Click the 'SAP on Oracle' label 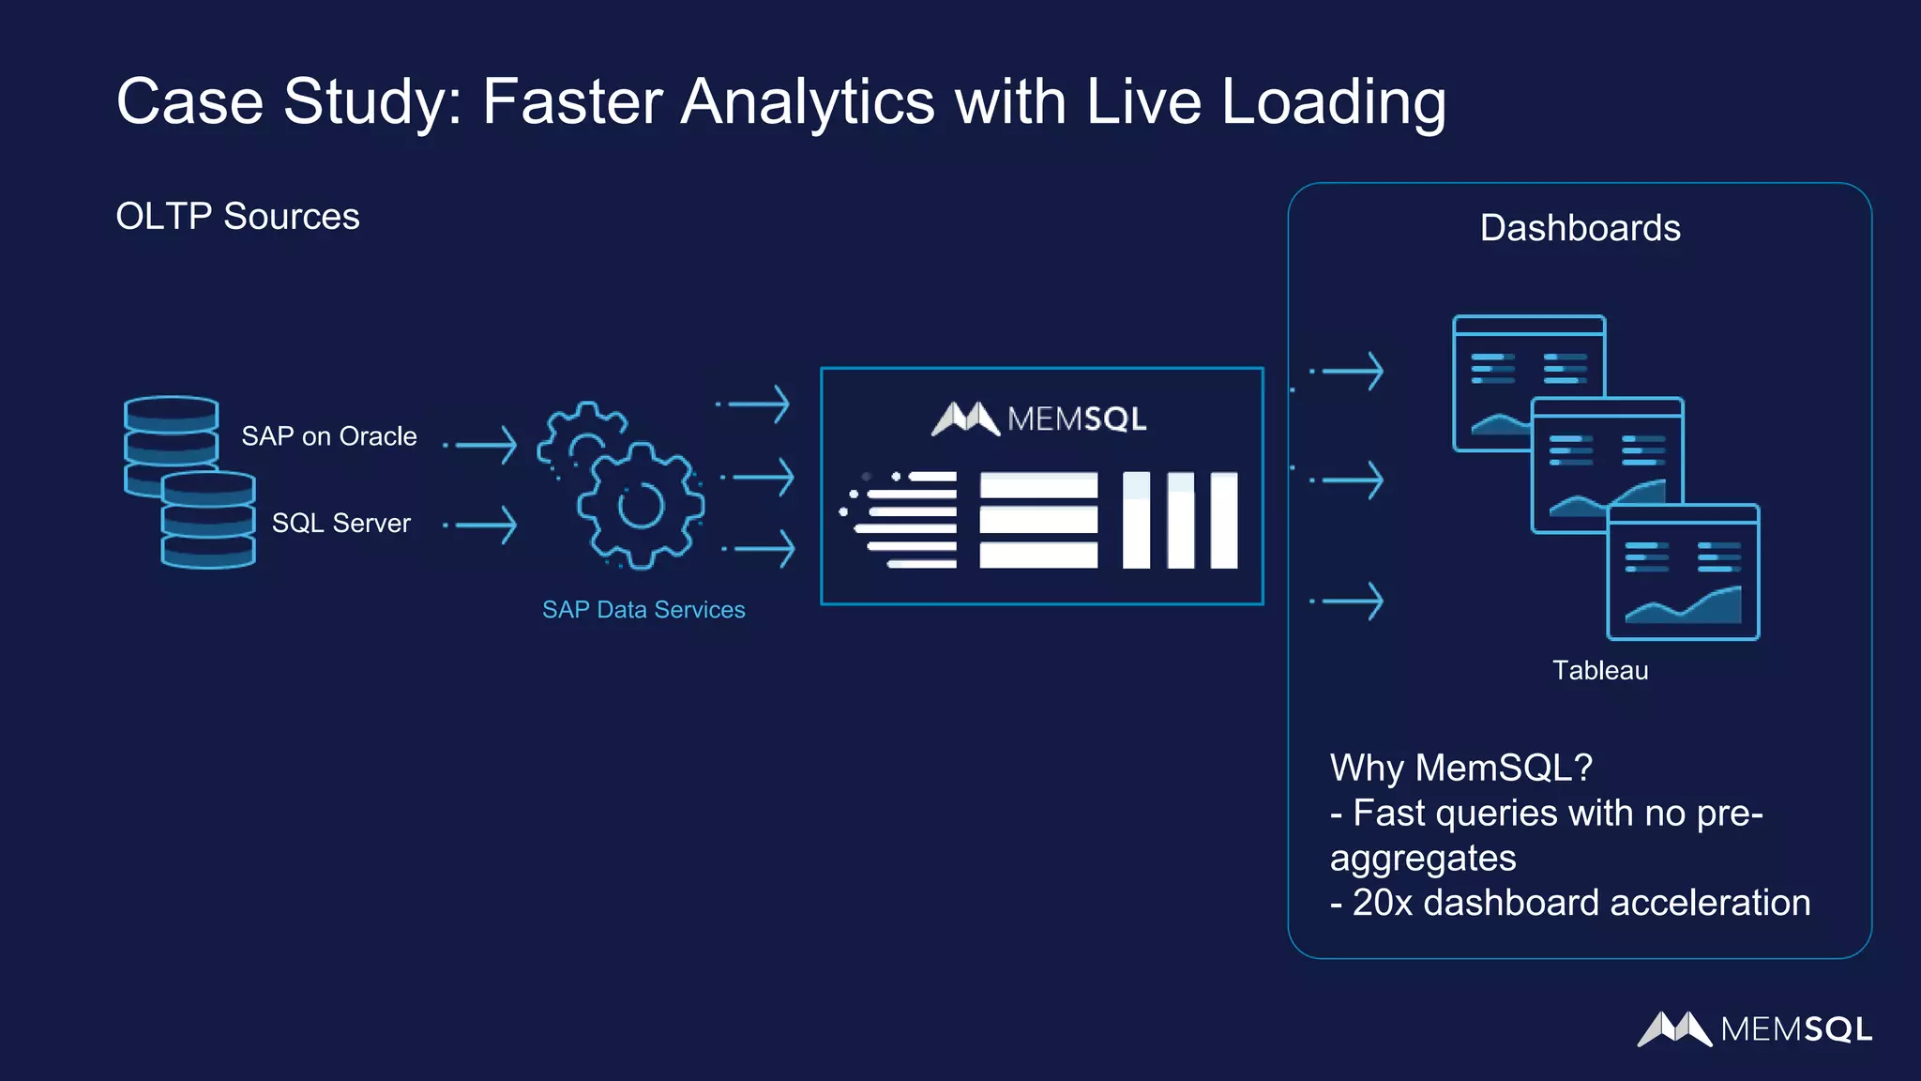[328, 436]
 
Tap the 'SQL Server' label [340, 523]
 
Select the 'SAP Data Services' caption [643, 610]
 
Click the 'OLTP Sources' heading [237, 217]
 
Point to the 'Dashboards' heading [1580, 228]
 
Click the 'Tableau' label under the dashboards [1599, 670]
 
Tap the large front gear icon [641, 507]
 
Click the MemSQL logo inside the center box [1039, 419]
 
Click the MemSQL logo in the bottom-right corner [1754, 1029]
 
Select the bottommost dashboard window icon [1683, 572]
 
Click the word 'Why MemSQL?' [1460, 768]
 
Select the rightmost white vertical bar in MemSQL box [1223, 520]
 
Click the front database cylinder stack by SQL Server [208, 521]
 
